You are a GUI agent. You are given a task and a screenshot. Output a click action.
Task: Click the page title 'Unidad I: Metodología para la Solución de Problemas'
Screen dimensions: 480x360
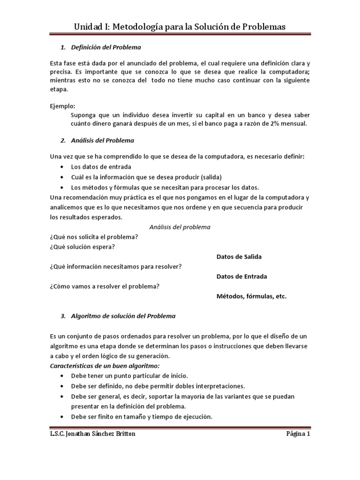(180, 27)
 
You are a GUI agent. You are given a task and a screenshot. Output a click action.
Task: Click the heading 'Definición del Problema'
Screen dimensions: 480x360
(105, 48)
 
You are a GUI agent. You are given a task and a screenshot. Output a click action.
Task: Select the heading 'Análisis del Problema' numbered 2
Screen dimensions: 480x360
(102, 140)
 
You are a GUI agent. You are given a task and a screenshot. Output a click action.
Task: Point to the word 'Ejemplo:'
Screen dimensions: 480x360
(62, 106)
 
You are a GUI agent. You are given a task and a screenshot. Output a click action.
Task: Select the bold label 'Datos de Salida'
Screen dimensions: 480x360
(239, 257)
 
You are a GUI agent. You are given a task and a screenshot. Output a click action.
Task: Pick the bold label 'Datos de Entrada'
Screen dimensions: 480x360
(241, 277)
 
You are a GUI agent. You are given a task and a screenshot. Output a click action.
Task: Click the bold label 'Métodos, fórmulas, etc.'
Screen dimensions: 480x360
(251, 296)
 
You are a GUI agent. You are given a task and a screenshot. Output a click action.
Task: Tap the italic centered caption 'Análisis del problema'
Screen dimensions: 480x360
(180, 227)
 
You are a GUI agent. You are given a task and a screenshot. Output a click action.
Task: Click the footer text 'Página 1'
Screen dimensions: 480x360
(298, 434)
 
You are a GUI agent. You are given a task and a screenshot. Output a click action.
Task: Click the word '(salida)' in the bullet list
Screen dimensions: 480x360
(209, 177)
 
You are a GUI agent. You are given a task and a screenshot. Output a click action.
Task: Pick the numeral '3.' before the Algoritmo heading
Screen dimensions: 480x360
(64, 316)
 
